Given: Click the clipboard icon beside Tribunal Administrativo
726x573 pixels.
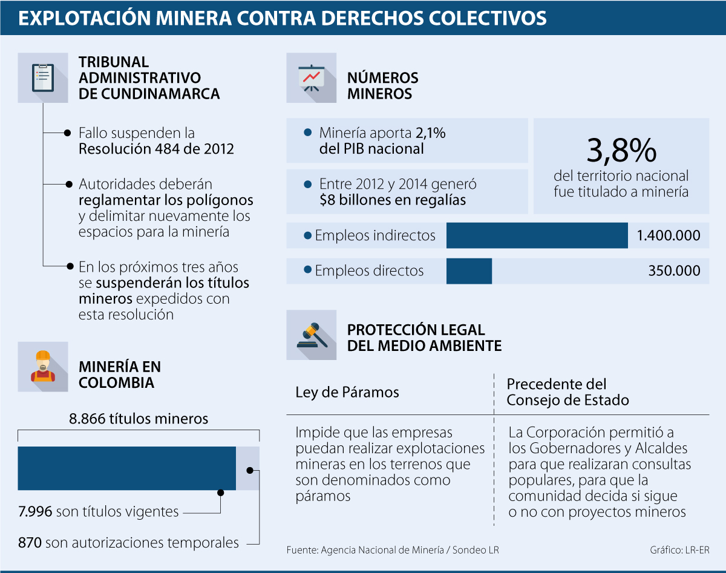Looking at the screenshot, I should coord(42,77).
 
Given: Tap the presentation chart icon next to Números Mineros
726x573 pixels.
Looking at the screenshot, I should coord(311,77).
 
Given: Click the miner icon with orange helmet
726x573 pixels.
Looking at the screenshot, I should coord(42,367).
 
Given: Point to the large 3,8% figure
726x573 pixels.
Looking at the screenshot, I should coord(621,149).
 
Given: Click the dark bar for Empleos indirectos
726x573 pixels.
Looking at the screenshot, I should coord(537,235).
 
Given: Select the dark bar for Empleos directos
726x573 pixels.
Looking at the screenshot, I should coord(469,270).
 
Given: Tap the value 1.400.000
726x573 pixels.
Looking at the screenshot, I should coord(669,235).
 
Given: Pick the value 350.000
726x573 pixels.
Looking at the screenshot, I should coord(674,270).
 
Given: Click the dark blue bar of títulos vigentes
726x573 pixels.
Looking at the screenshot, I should coord(126,468).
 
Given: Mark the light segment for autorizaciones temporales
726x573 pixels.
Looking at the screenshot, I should coord(247,468).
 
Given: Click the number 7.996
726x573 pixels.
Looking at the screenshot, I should coord(35,512).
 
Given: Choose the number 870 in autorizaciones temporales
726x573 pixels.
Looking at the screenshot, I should coord(30,543).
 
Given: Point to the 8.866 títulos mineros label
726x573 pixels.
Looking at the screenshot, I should coord(139,419).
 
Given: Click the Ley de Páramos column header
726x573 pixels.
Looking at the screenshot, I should coord(347,392).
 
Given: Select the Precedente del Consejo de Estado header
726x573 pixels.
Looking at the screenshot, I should coord(567,392).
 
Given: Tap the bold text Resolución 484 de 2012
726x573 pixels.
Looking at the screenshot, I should coord(156,149).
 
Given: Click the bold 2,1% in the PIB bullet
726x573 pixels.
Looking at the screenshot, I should coord(430,133).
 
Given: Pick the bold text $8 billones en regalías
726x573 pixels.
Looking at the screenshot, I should coord(393,200).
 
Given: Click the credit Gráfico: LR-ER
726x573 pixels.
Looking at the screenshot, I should coord(679,550).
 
